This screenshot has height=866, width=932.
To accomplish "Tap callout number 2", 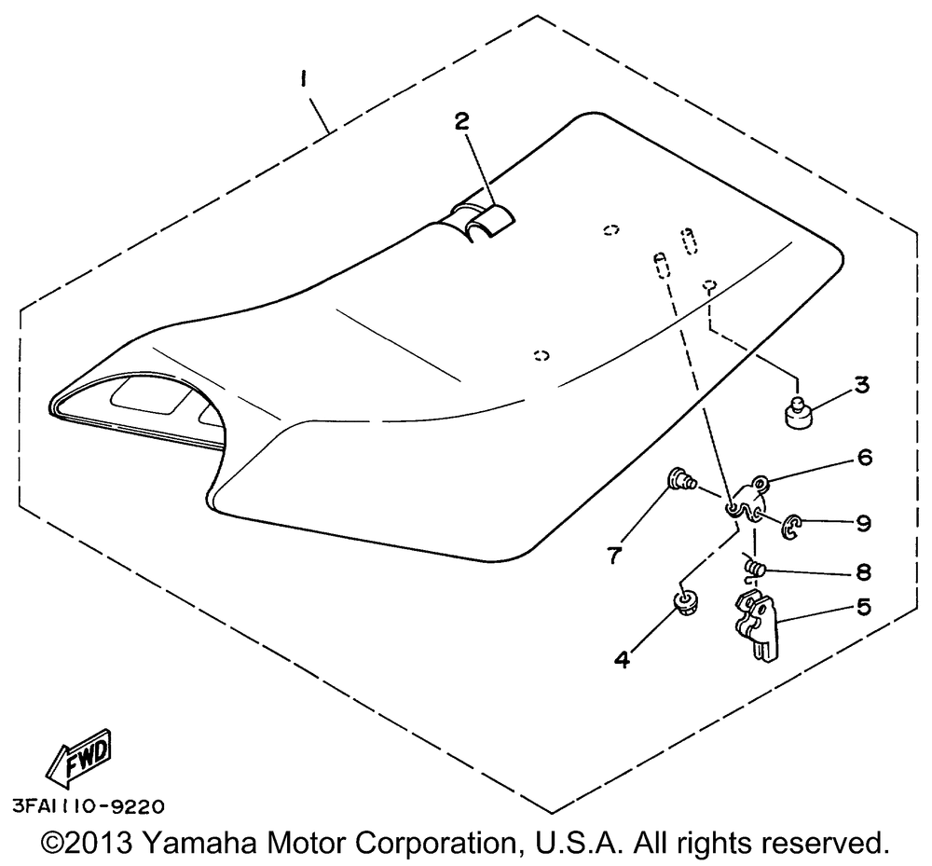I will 463,121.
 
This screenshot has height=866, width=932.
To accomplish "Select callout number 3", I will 861,384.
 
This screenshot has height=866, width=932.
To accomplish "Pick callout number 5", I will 863,606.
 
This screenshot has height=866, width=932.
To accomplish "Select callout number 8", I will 863,569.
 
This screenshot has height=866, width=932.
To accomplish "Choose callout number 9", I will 864,524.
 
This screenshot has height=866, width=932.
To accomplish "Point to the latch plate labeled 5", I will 755,630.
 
